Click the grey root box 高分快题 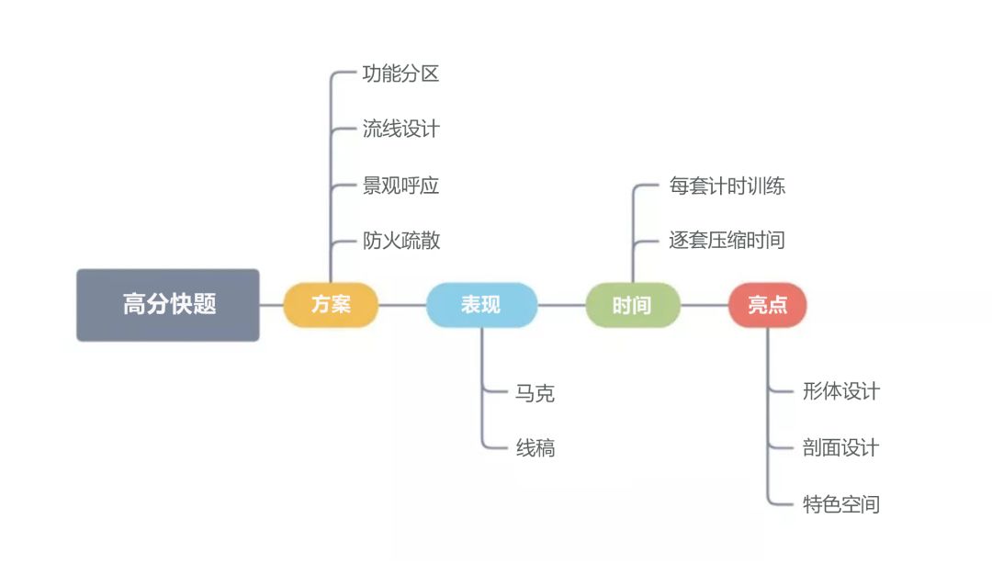coord(168,305)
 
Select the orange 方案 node coord(331,305)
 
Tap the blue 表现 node coord(481,305)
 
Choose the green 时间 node coord(633,305)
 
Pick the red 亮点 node coord(767,305)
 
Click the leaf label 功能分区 coord(400,74)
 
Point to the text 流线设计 coord(400,130)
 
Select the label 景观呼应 coord(400,186)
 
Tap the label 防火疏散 coord(401,241)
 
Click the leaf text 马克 coord(535,393)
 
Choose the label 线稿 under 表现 coord(535,448)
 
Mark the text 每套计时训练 coord(727,186)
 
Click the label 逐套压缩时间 coord(727,241)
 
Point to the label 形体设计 coord(840,391)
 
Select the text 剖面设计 coord(840,447)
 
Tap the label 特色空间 coord(840,504)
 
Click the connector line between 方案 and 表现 coord(402,305)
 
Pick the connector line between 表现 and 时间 coord(561,305)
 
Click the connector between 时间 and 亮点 coord(705,305)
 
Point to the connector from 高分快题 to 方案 coord(271,305)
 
